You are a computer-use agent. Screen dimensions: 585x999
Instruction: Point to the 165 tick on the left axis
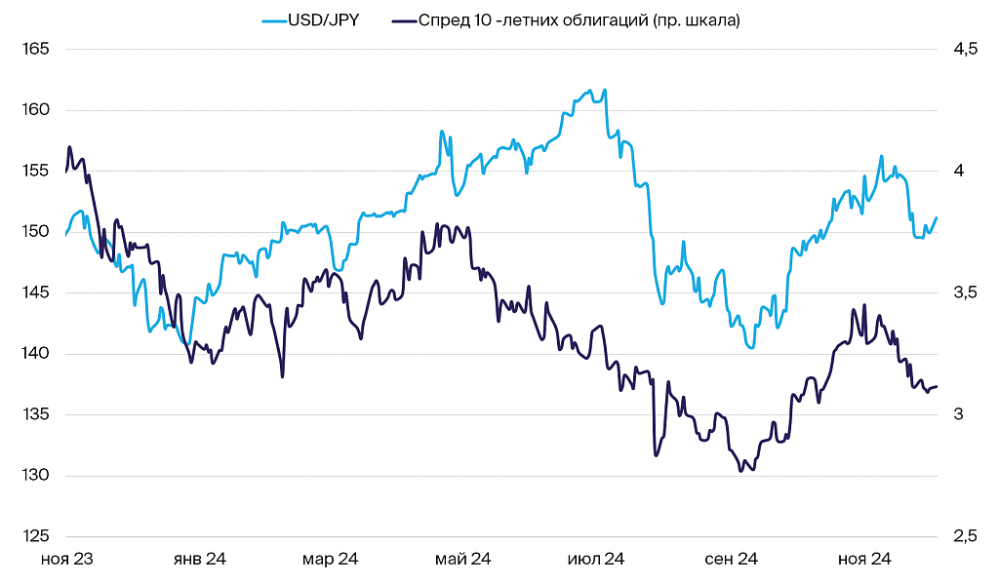point(35,49)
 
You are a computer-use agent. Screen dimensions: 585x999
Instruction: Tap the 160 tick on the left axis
point(35,109)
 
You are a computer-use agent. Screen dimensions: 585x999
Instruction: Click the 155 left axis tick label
point(35,171)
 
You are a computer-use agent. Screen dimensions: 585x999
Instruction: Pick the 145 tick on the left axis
point(35,292)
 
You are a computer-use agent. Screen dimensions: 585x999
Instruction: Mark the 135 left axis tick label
point(35,414)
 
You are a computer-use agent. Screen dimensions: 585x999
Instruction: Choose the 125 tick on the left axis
point(35,536)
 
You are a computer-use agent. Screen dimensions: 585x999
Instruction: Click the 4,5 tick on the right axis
point(965,49)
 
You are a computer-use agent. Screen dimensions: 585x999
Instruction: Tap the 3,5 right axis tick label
point(965,292)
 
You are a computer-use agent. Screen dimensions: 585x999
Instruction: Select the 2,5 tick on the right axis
point(965,536)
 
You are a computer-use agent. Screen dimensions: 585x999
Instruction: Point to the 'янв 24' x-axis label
point(199,560)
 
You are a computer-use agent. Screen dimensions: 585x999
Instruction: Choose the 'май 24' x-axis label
point(463,560)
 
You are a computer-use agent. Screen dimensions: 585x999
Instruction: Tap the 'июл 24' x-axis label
point(596,560)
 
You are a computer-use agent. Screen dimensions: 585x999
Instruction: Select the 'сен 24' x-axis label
point(731,560)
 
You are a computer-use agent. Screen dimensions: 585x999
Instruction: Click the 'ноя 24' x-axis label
point(864,560)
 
